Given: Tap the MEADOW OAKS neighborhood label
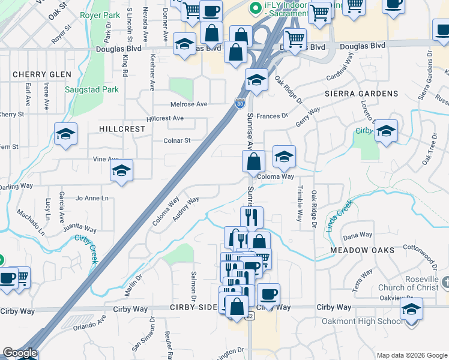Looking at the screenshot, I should click(x=362, y=250).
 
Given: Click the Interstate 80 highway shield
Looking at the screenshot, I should click(x=240, y=104).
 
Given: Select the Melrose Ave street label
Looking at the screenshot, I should click(x=189, y=104).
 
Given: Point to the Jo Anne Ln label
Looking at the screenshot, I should click(x=92, y=198).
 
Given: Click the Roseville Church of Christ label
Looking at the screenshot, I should click(x=408, y=287).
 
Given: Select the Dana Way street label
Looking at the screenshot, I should click(x=358, y=235).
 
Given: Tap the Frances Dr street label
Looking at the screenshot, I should click(x=272, y=116).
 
